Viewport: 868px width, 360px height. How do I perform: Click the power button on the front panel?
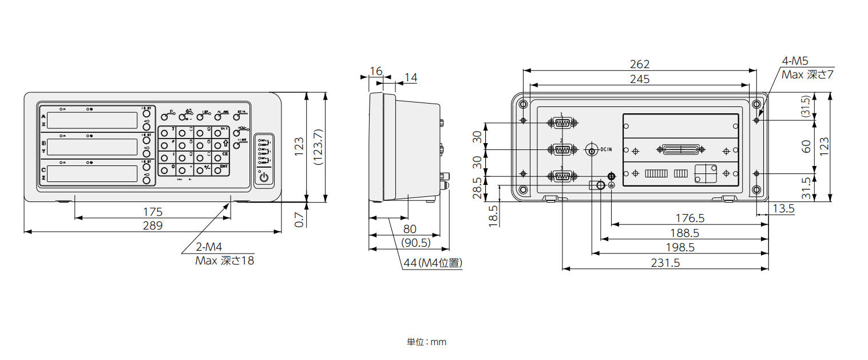(264, 177)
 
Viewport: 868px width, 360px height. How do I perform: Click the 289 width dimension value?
(153, 226)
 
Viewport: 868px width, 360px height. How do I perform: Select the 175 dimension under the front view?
(153, 211)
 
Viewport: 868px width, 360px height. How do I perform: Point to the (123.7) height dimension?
(319, 147)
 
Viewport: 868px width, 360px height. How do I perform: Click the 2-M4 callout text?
(208, 247)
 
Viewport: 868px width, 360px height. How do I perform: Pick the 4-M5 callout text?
(795, 62)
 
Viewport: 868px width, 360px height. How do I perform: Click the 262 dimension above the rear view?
(639, 65)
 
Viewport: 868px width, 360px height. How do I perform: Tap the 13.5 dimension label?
(783, 209)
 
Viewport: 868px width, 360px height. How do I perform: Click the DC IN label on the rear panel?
(606, 150)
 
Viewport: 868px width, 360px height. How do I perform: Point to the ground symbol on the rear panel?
(611, 185)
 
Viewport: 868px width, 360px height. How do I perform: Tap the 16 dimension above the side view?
(376, 71)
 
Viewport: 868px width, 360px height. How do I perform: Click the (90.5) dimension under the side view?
(416, 243)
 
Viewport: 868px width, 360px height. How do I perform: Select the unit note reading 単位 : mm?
(426, 342)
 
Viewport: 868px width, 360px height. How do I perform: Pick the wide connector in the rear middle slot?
(681, 150)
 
